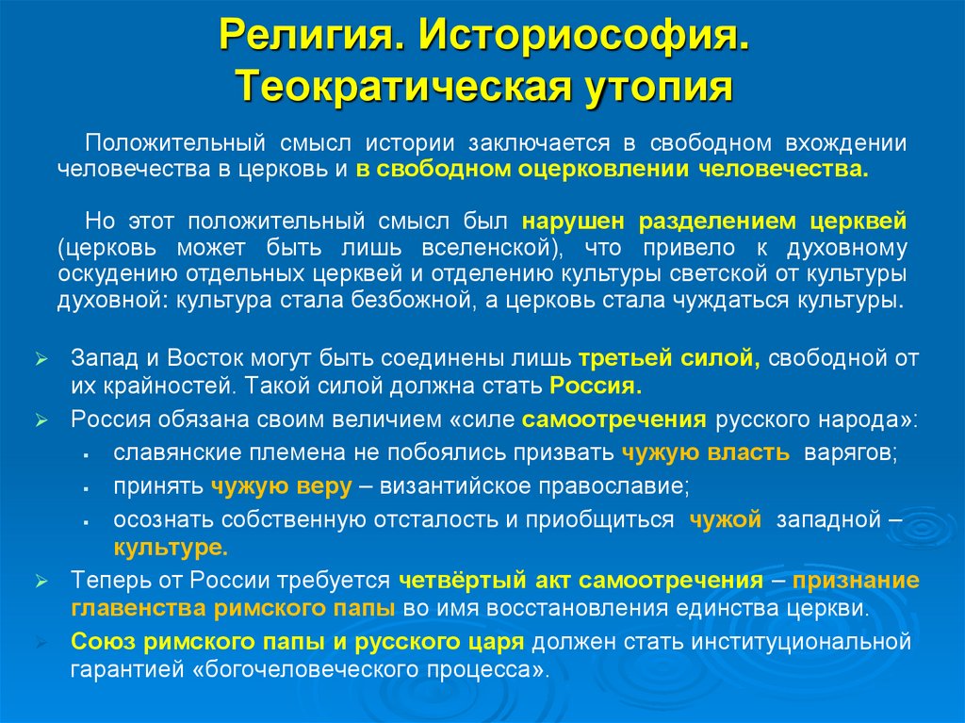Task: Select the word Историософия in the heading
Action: [585, 38]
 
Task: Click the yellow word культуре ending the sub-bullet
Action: [171, 547]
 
